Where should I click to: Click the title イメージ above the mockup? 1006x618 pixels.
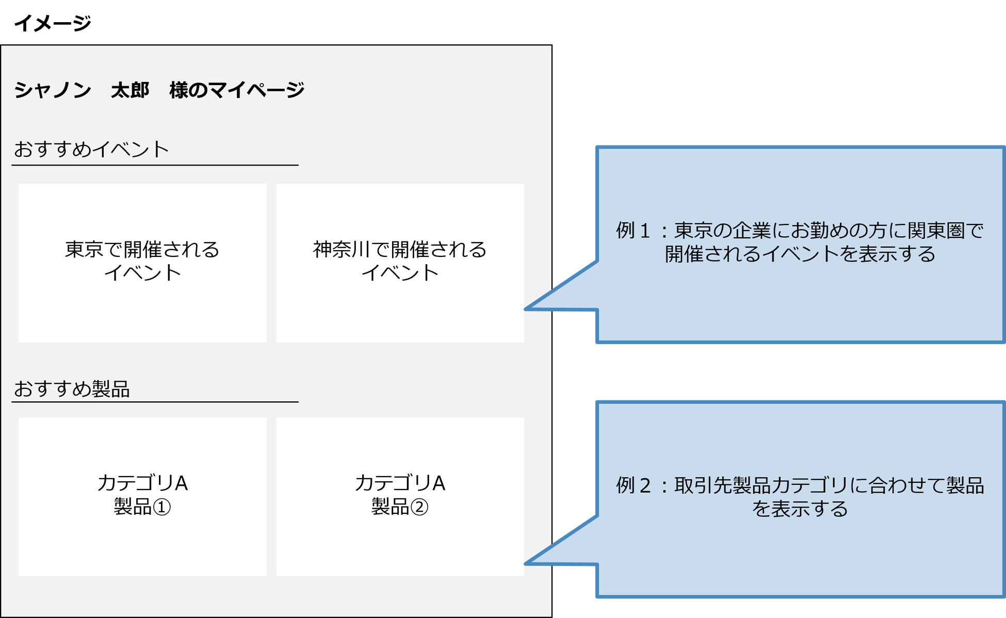tap(52, 23)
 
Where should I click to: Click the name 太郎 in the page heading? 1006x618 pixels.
tap(130, 90)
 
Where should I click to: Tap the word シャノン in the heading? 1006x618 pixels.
tap(52, 90)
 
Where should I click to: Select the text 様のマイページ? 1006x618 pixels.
tap(237, 90)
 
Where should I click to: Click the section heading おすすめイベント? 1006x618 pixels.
tap(91, 150)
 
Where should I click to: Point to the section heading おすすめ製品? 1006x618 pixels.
tap(72, 389)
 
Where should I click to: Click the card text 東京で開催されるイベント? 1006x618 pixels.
tap(142, 261)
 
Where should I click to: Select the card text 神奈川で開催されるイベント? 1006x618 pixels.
tap(400, 261)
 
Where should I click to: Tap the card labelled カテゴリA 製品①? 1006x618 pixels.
tap(142, 495)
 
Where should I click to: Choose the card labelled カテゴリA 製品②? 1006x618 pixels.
tap(400, 495)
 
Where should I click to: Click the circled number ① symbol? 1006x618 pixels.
tap(162, 507)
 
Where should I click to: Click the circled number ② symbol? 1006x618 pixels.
tap(419, 507)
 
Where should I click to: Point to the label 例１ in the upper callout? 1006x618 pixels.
tap(634, 231)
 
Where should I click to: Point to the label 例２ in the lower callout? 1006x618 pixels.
tap(634, 485)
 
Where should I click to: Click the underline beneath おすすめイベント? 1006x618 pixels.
tap(155, 165)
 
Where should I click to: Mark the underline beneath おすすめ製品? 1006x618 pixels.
tap(155, 401)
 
